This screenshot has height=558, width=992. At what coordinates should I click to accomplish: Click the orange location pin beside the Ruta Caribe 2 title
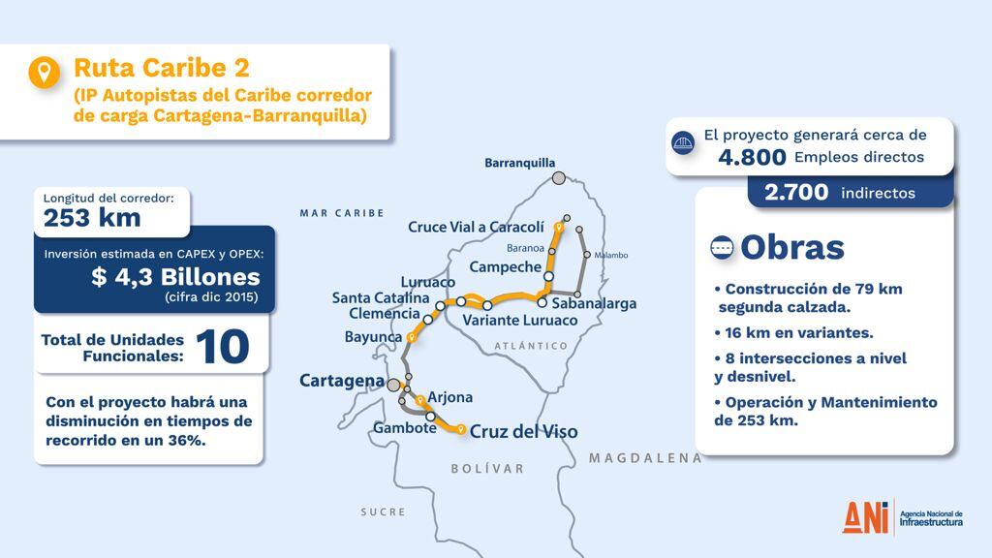click(45, 73)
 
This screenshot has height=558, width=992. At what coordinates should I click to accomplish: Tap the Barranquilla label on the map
click(520, 163)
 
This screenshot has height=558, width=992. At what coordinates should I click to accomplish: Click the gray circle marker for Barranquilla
click(559, 177)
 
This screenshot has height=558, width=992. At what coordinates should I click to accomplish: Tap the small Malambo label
click(611, 255)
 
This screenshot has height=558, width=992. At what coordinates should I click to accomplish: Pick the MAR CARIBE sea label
click(342, 213)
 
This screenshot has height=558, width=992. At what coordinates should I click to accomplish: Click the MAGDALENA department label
click(645, 458)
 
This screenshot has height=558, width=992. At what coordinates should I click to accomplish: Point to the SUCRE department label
click(383, 511)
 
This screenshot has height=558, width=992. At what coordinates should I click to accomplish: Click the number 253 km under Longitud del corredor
click(92, 218)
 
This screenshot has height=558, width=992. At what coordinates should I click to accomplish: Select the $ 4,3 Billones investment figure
click(175, 277)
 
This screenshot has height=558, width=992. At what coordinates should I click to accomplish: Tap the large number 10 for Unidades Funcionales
click(223, 348)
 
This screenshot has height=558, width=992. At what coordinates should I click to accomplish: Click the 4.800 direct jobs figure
click(752, 157)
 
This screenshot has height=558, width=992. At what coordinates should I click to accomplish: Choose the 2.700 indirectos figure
click(796, 193)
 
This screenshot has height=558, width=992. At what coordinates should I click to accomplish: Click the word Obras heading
click(791, 247)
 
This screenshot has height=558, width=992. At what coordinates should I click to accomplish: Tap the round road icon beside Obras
click(722, 248)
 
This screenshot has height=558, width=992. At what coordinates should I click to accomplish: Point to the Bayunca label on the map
click(373, 337)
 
